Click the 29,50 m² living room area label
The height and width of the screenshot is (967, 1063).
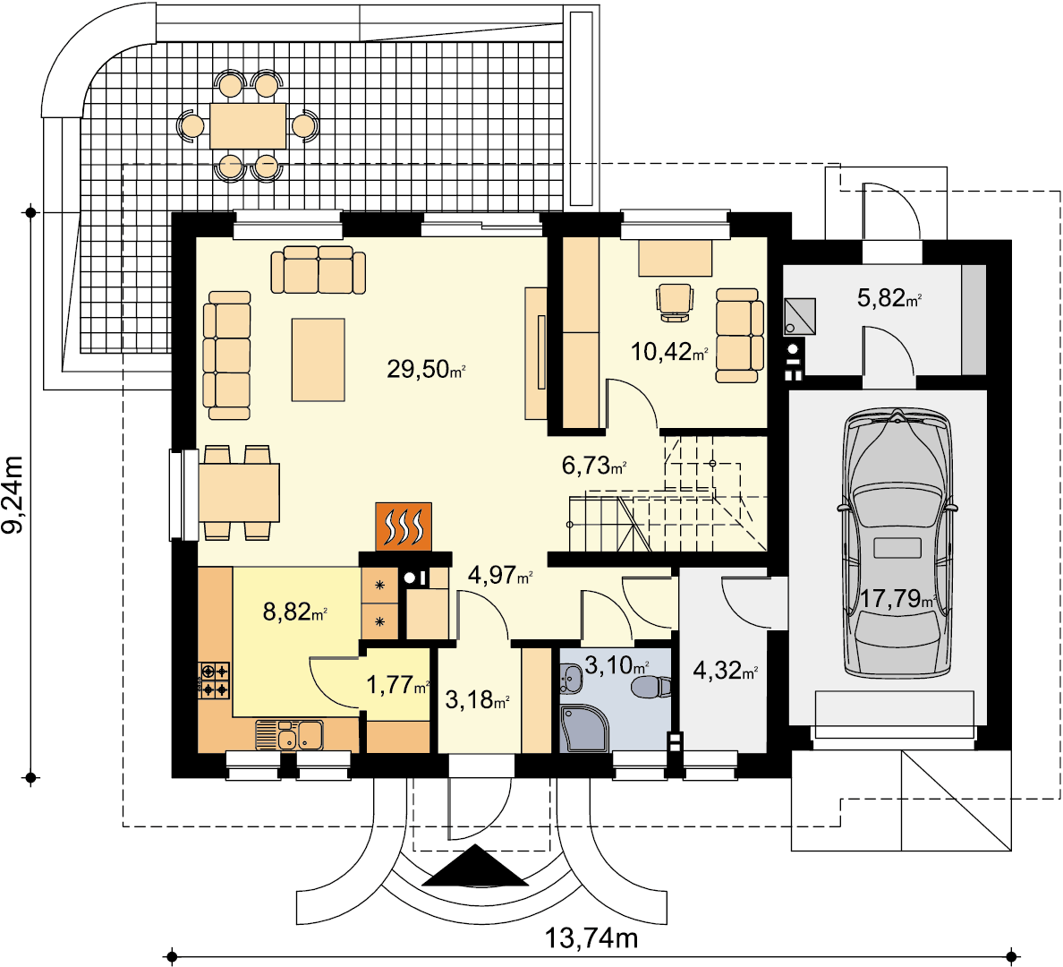(x=426, y=369)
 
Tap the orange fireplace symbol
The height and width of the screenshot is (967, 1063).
(x=404, y=526)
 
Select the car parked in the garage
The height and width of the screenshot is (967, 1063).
(x=897, y=543)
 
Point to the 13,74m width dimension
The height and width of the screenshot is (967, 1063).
(x=591, y=938)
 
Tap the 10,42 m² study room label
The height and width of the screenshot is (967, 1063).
(x=670, y=352)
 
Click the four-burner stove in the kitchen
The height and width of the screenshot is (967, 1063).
(x=214, y=680)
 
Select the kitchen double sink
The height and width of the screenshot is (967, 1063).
(x=290, y=736)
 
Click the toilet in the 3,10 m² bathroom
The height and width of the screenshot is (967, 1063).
(x=651, y=687)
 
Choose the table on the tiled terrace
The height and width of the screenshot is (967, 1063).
(x=248, y=126)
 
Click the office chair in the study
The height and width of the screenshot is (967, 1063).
(x=675, y=302)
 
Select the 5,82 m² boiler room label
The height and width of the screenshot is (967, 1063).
(x=889, y=297)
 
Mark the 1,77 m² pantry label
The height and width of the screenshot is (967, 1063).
(x=398, y=685)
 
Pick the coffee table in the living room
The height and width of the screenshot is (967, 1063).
(x=319, y=360)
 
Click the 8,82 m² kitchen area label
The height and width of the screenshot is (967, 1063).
(x=295, y=612)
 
